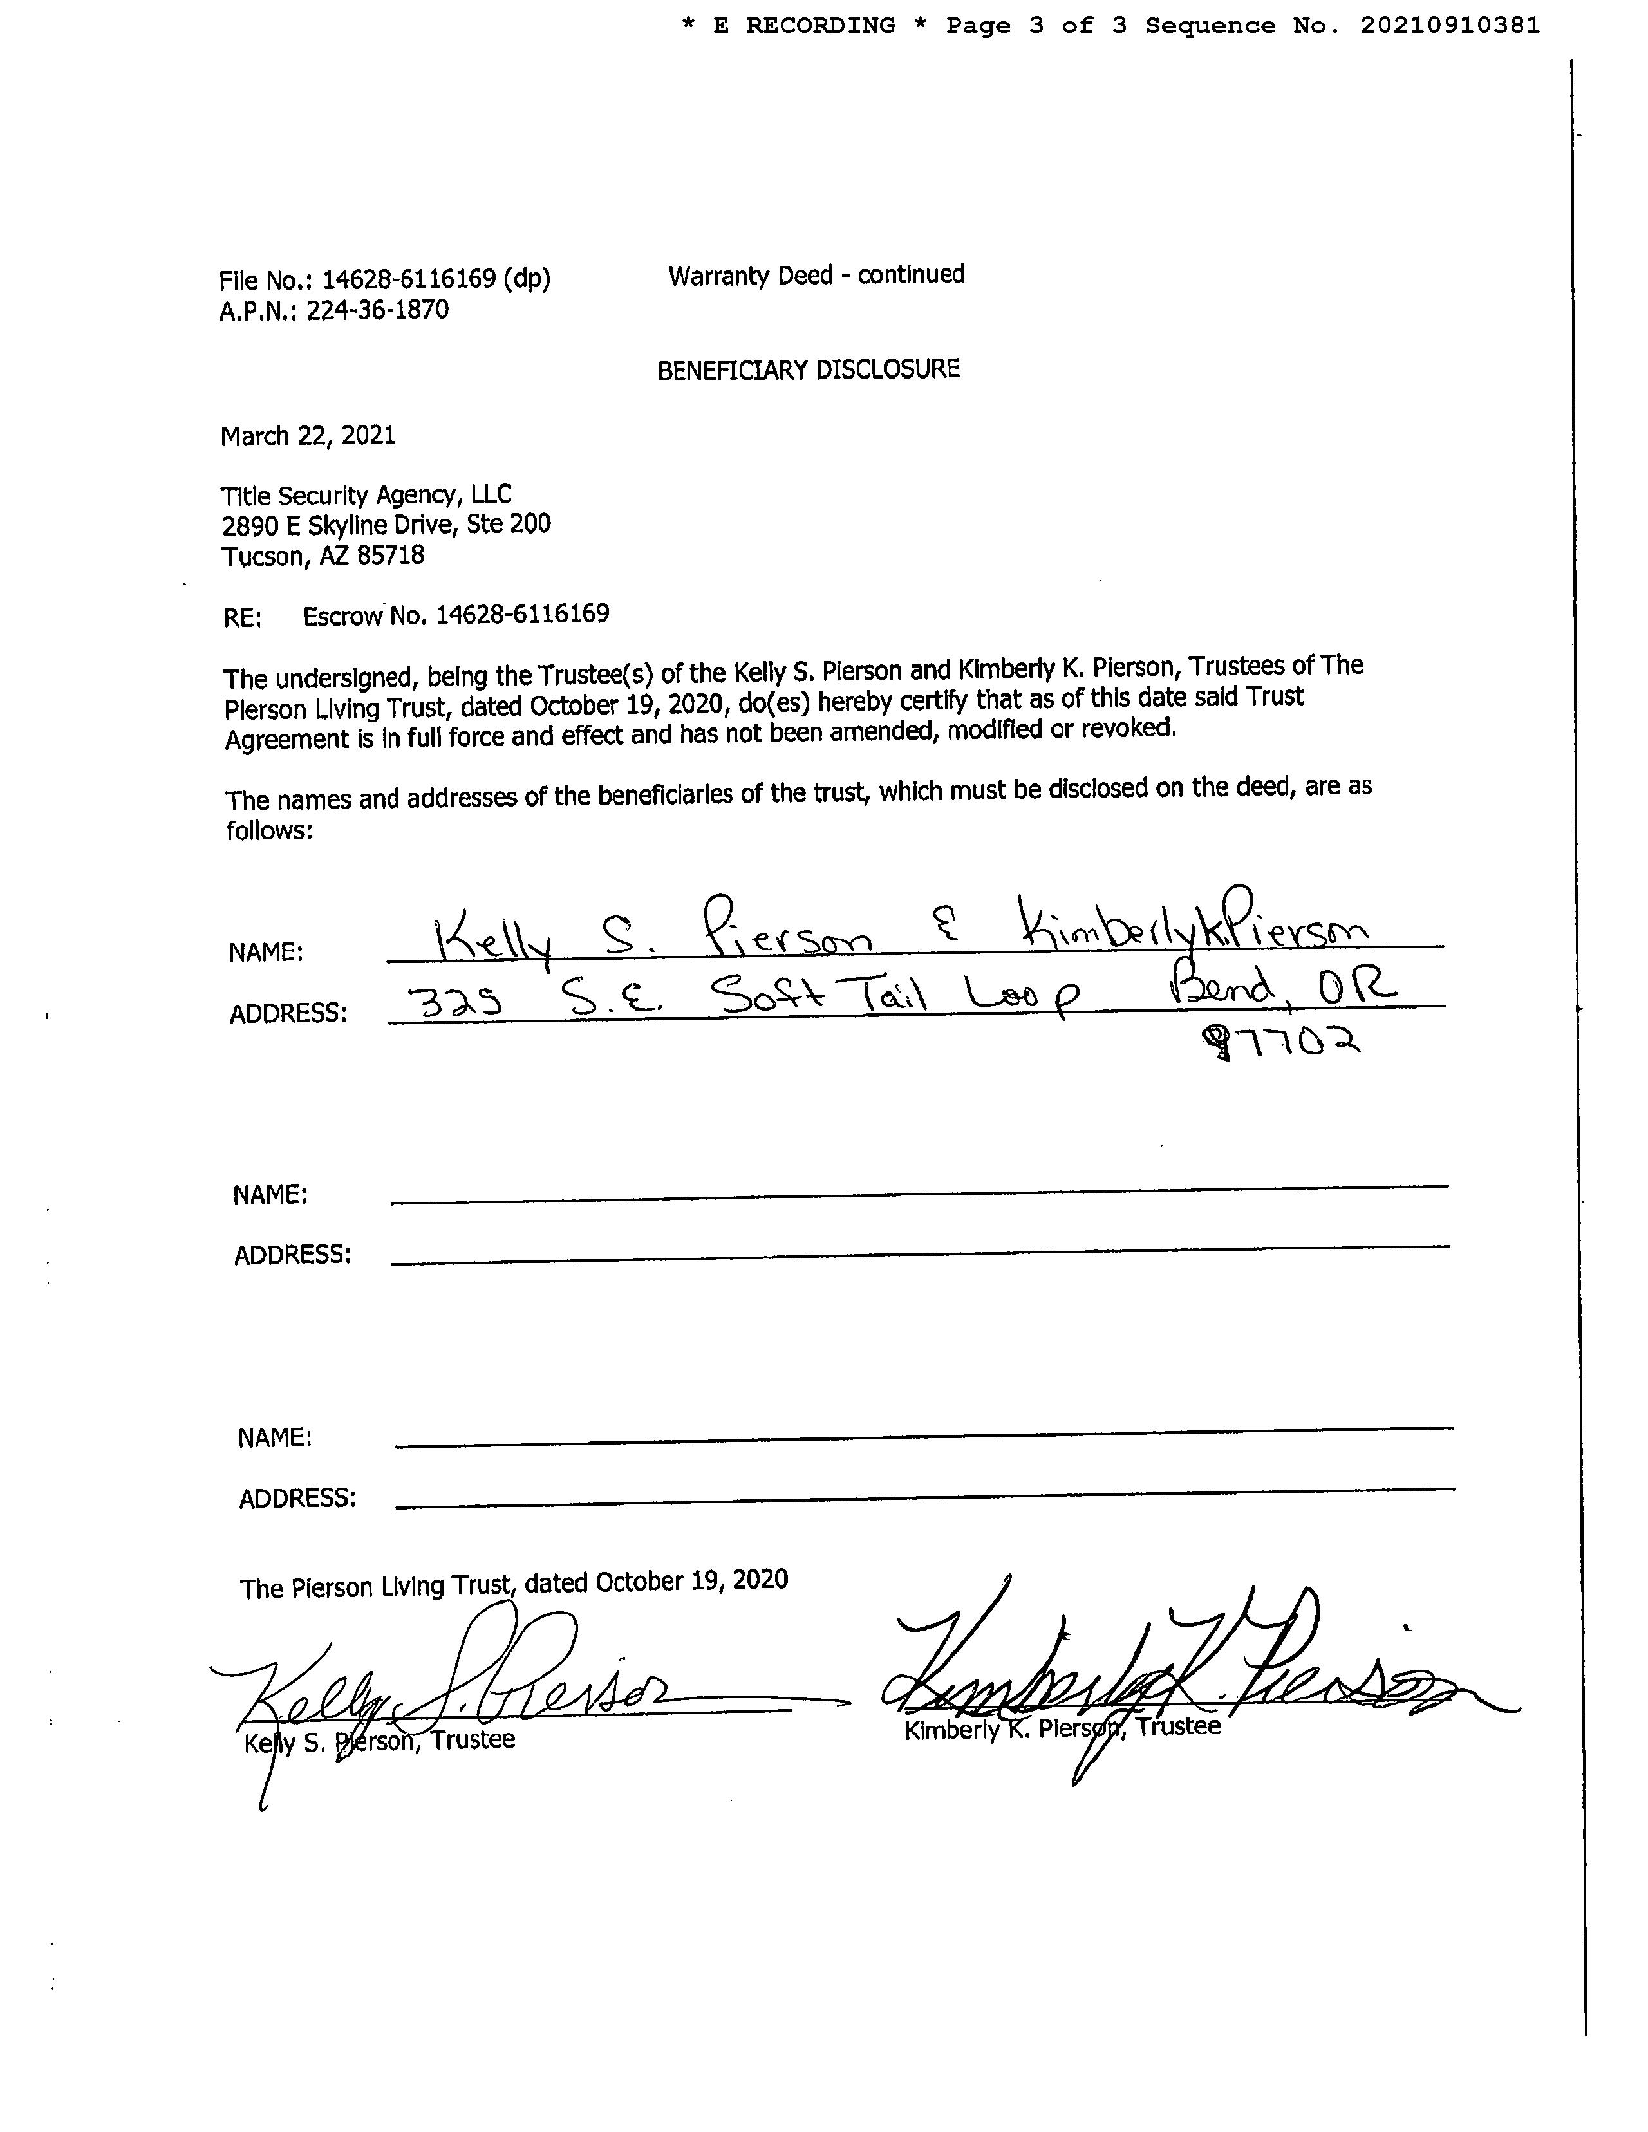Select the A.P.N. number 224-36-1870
pos(378,310)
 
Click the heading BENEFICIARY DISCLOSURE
pos(809,370)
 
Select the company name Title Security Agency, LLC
pos(366,496)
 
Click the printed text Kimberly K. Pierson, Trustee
pos(1062,1728)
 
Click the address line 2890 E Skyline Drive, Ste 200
pos(386,525)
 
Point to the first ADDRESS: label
pos(288,1013)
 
